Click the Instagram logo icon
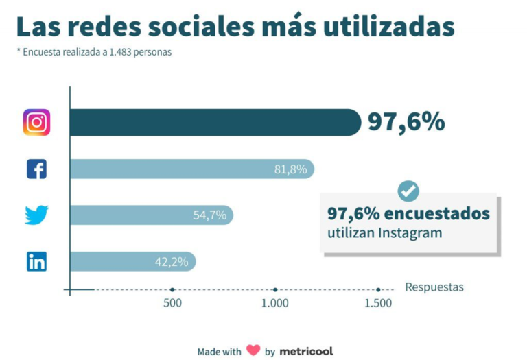click(36, 123)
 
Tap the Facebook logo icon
click(36, 169)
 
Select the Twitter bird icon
click(36, 215)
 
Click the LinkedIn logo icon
click(36, 261)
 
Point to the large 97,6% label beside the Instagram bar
click(406, 122)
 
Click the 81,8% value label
click(290, 169)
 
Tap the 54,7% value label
click(209, 215)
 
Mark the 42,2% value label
click(172, 261)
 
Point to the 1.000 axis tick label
click(274, 303)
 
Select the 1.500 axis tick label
click(377, 303)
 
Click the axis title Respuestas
click(434, 287)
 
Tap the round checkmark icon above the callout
click(408, 191)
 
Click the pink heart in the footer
click(253, 350)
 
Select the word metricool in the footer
click(306, 350)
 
